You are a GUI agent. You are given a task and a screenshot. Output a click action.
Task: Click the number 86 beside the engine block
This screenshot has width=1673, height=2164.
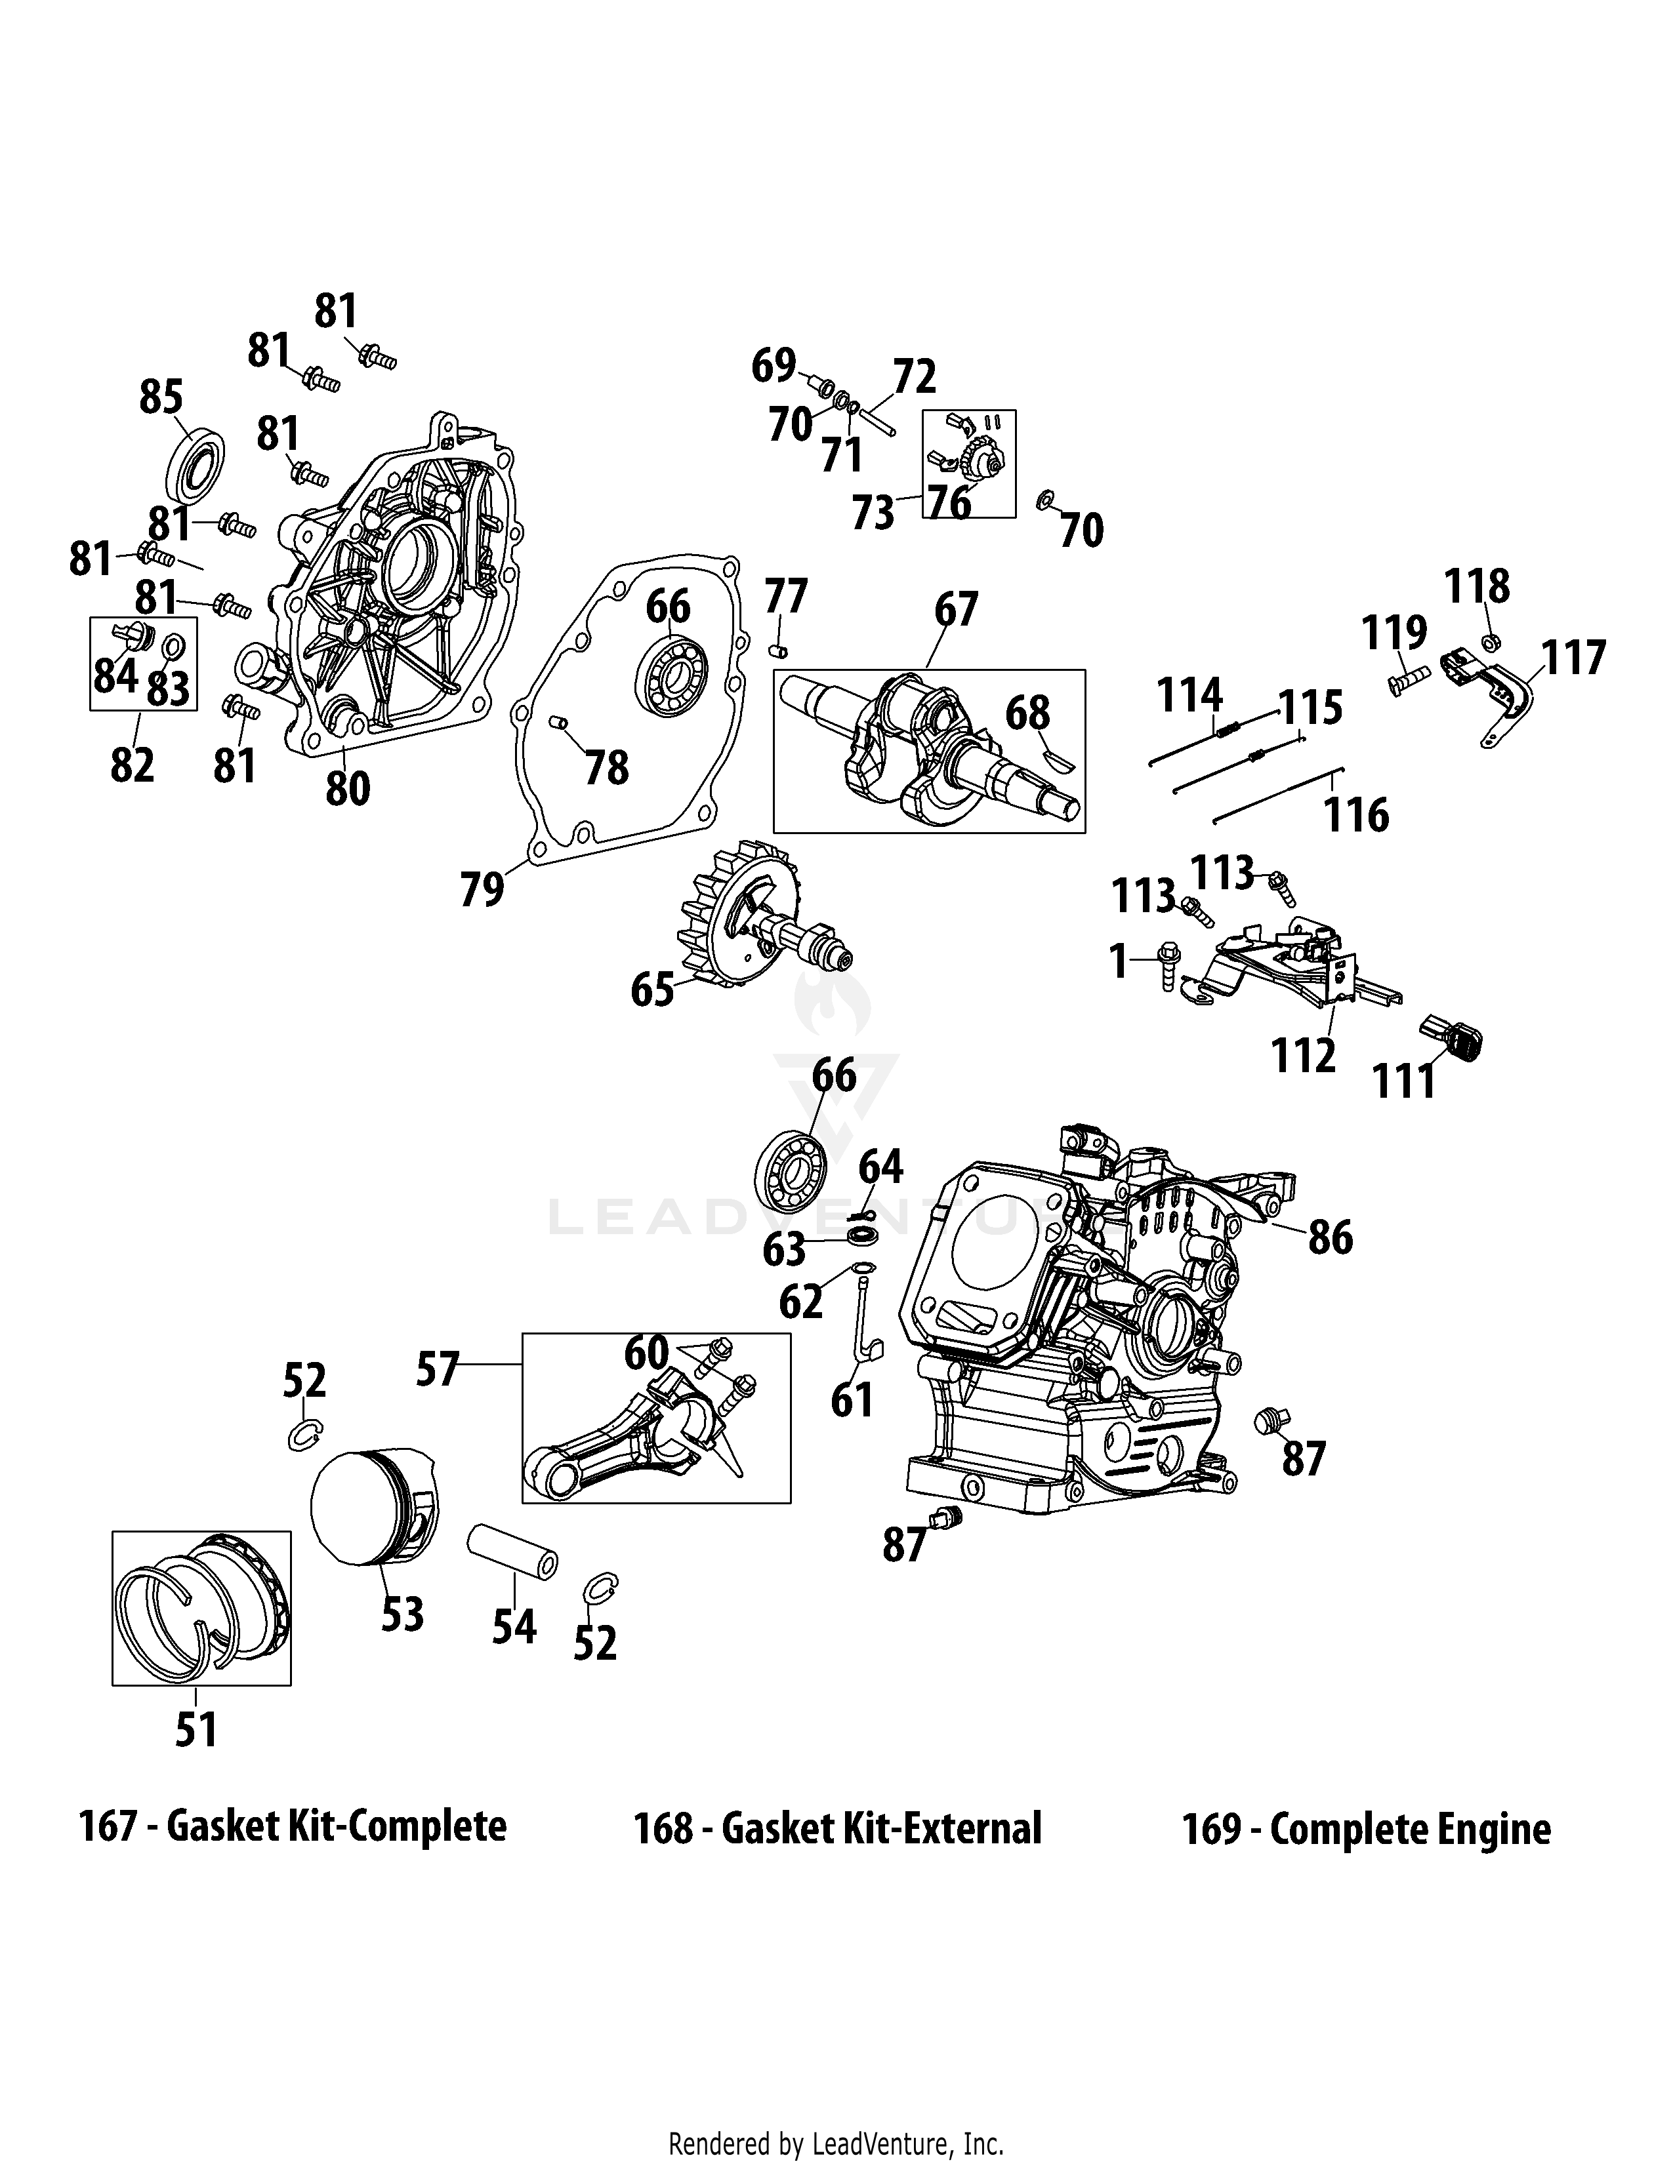pyautogui.click(x=1330, y=1237)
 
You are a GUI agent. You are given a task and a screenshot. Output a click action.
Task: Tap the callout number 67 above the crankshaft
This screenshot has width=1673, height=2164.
pyautogui.click(x=957, y=609)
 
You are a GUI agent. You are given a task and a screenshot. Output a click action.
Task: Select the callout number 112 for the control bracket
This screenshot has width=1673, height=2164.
pyautogui.click(x=1304, y=1056)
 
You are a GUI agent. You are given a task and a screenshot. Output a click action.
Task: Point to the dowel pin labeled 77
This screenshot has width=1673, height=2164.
pyautogui.click(x=779, y=650)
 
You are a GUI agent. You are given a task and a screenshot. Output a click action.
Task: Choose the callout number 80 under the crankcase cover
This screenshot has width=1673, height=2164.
pyautogui.click(x=348, y=789)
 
